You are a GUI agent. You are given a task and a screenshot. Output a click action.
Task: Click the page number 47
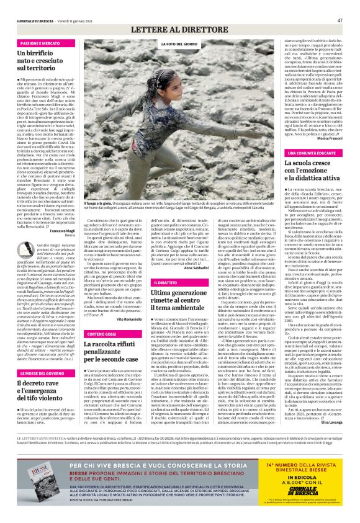coord(340,20)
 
